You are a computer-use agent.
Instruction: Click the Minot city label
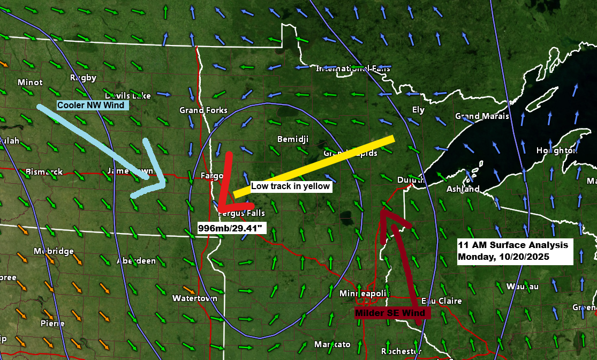pos(30,82)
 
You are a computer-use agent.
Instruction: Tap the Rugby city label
pos(83,78)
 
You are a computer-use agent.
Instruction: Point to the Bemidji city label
pos(293,139)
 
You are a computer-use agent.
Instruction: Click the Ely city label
pos(418,110)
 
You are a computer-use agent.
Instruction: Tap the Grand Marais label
pos(482,116)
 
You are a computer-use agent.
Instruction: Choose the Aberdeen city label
pos(136,261)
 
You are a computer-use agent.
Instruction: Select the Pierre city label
pos(52,323)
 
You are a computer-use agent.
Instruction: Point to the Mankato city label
pos(332,343)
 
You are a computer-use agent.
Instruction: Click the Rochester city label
pos(401,351)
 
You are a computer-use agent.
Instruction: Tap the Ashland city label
pos(463,189)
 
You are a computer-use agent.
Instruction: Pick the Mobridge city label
pos(54,251)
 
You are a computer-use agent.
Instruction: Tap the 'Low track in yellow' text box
pos(291,187)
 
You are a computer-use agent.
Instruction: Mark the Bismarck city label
pos(44,172)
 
